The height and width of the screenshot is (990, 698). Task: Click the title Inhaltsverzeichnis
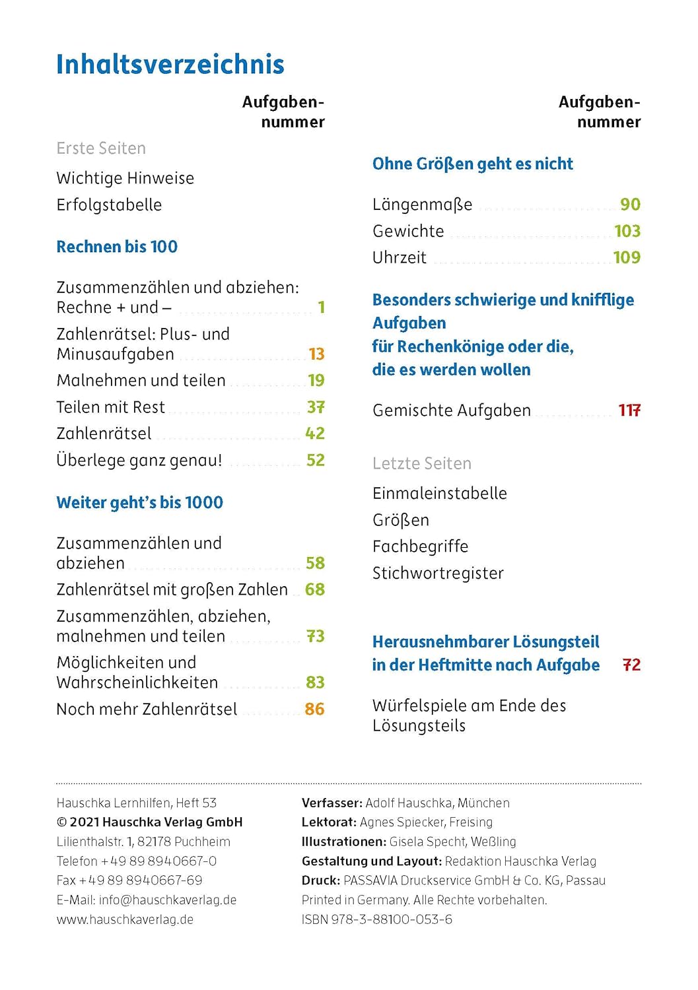click(x=170, y=65)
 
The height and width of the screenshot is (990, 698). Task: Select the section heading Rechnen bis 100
click(x=117, y=247)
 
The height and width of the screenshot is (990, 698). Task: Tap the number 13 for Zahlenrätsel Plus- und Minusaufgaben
click(x=316, y=354)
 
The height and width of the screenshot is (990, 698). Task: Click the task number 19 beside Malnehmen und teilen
click(x=316, y=381)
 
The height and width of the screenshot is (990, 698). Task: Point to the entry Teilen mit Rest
click(x=110, y=407)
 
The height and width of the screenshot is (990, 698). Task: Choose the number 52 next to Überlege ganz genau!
click(x=315, y=460)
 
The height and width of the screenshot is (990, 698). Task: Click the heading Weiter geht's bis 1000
click(x=139, y=502)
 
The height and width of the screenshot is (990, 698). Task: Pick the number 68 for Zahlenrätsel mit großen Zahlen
click(x=314, y=589)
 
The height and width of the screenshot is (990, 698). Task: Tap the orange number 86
click(x=314, y=709)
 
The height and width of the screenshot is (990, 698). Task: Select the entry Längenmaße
click(x=422, y=205)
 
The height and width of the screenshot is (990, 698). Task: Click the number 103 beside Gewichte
click(x=627, y=231)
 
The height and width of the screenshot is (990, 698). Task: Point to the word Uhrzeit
click(x=399, y=257)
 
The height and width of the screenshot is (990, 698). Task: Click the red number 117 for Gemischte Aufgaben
click(x=629, y=411)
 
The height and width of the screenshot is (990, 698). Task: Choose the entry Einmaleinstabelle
click(x=439, y=493)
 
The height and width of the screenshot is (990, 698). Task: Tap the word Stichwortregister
click(x=437, y=573)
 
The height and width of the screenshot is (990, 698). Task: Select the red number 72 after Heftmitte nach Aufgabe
click(x=631, y=665)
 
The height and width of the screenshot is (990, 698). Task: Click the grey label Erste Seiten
click(x=101, y=148)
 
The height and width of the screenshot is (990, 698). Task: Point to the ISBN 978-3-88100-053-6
click(x=376, y=919)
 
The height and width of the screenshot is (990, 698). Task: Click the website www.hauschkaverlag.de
click(x=125, y=919)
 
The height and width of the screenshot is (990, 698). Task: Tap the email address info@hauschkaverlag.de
click(x=167, y=900)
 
